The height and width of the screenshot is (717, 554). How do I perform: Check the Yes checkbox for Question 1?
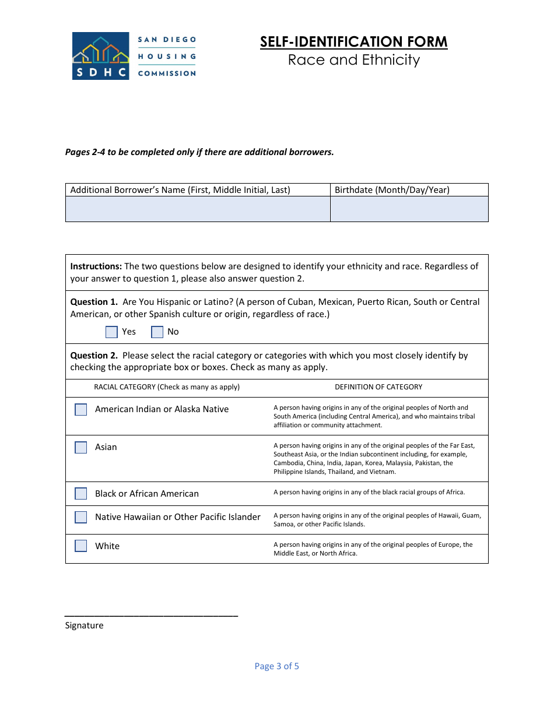click(111, 332)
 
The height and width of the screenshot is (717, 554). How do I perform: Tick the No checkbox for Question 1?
click(157, 332)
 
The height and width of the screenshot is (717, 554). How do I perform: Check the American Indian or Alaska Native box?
click(81, 410)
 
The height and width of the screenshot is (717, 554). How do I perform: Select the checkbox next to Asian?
click(81, 448)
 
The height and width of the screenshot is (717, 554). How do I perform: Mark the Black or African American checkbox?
click(81, 494)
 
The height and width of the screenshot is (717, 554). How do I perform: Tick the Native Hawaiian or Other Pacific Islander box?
click(81, 517)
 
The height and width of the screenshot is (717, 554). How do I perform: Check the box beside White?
click(81, 546)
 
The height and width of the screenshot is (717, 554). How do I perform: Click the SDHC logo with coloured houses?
click(100, 56)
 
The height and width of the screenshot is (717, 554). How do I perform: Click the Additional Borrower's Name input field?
click(198, 209)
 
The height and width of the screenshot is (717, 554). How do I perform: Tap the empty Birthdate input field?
click(409, 209)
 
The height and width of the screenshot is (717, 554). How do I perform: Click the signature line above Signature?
click(151, 615)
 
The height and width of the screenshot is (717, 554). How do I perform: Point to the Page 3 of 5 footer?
click(276, 666)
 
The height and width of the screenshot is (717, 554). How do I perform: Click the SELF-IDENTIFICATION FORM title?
click(353, 42)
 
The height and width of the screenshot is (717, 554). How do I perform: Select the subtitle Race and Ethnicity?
click(353, 60)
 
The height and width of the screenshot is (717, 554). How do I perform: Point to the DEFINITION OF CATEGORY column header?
click(378, 387)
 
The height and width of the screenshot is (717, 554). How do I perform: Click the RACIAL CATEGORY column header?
click(167, 387)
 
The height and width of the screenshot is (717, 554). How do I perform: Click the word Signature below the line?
click(84, 625)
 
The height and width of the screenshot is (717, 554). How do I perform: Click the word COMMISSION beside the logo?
click(167, 73)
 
